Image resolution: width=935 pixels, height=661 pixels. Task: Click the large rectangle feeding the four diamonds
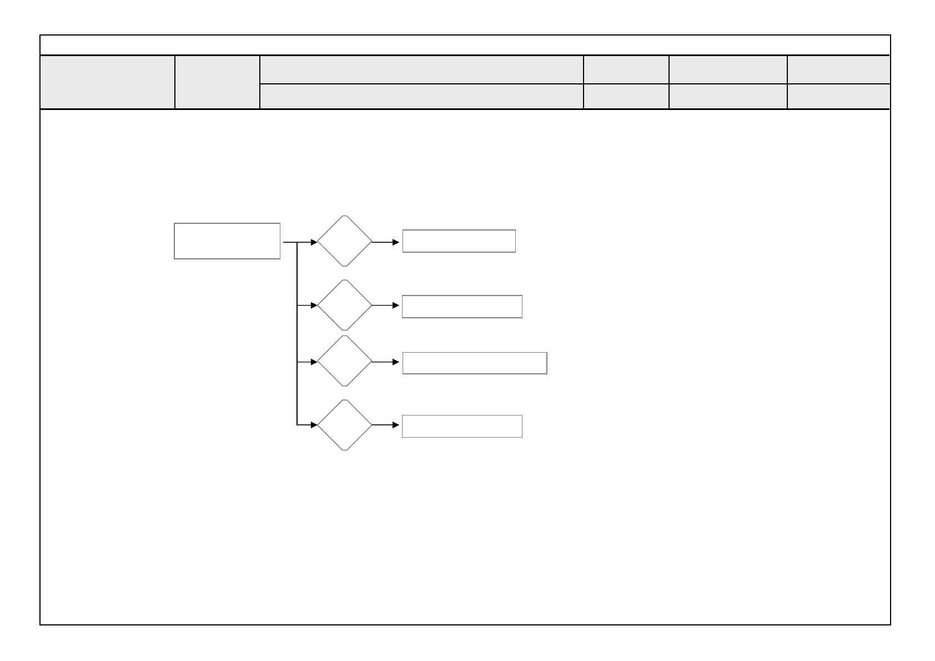[227, 241]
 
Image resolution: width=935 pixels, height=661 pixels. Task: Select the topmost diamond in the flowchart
[345, 241]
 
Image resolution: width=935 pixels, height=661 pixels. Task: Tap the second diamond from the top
[345, 305]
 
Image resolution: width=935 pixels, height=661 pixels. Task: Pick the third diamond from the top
[345, 361]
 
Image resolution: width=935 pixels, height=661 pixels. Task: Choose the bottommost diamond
[345, 425]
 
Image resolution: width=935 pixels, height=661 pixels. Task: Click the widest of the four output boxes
[475, 363]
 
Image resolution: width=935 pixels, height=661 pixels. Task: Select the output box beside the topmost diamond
[459, 241]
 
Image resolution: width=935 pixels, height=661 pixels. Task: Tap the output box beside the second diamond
[462, 307]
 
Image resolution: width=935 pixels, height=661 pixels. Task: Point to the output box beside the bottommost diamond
[462, 426]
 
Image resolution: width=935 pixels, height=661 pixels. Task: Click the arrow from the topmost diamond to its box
[385, 242]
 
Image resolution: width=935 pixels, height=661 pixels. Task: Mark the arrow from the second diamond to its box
[385, 306]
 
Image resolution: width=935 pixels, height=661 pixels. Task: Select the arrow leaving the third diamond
[385, 362]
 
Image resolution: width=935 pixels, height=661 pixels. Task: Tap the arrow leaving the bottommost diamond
[385, 425]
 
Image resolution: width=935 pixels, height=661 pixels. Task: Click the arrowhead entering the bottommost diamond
[314, 425]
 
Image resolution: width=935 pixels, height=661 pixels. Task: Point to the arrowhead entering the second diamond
[314, 306]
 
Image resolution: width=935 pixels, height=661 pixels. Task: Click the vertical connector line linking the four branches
[298, 333]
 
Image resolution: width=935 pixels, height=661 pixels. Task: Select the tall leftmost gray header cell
[107, 82]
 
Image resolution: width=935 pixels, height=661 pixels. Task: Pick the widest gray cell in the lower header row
[421, 97]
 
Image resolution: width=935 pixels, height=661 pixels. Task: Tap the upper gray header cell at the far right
[838, 69]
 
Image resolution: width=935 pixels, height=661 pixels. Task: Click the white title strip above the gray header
[465, 45]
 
